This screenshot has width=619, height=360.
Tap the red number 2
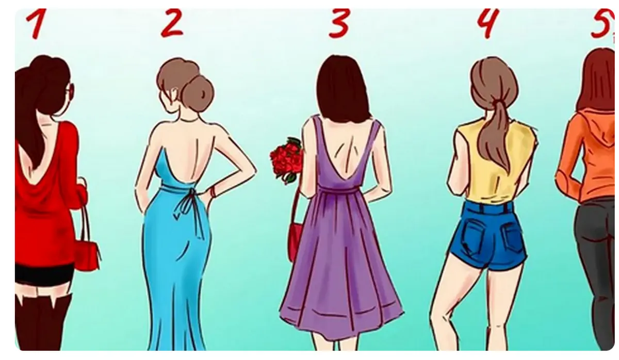tap(172, 22)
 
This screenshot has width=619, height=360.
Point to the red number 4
tap(488, 23)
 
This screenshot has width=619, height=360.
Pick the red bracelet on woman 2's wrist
tap(213, 191)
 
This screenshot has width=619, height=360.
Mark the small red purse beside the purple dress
tap(295, 240)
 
